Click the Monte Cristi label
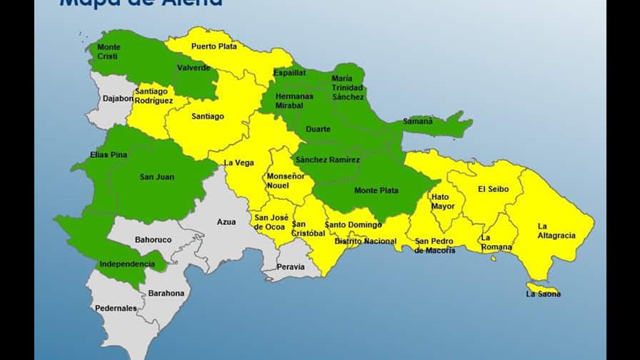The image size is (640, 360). pyautogui.click(x=109, y=51)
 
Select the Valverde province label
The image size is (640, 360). pyautogui.click(x=194, y=68)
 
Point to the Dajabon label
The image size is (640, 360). pyautogui.click(x=118, y=99)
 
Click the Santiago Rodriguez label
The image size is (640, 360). pyautogui.click(x=154, y=96)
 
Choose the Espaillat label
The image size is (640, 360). pyautogui.click(x=289, y=73)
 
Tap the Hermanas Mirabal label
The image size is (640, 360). pyautogui.click(x=294, y=101)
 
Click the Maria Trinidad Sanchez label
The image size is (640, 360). pyautogui.click(x=348, y=88)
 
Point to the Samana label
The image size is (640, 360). pyautogui.click(x=418, y=121)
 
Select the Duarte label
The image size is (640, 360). pyautogui.click(x=318, y=129)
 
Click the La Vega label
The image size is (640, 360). pyautogui.click(x=239, y=163)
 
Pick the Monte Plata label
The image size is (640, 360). pyautogui.click(x=376, y=191)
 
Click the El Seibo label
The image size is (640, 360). pyautogui.click(x=493, y=189)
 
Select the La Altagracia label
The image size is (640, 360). pyautogui.click(x=556, y=231)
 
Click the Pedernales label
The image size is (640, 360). pyautogui.click(x=116, y=309)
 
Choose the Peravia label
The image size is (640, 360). pyautogui.click(x=291, y=267)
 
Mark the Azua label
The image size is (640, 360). pyautogui.click(x=226, y=222)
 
